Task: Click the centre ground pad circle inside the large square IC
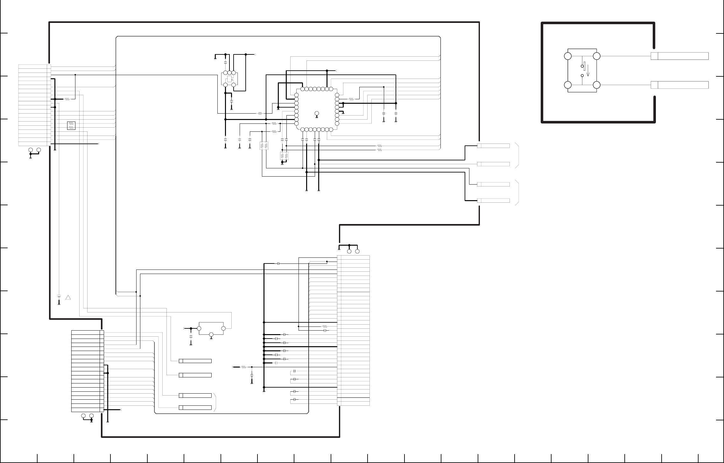[x=317, y=114]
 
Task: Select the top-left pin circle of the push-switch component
[x=567, y=56]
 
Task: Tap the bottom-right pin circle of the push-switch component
[x=597, y=85]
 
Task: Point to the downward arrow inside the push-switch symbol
[x=588, y=71]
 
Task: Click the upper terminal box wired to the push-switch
[x=679, y=56]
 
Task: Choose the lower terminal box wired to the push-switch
[x=679, y=85]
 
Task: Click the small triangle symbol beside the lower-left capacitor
[x=68, y=298]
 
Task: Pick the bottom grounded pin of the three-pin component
[x=211, y=334]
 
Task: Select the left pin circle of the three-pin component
[x=199, y=328]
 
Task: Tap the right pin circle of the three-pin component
[x=223, y=328]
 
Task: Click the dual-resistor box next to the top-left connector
[x=71, y=126]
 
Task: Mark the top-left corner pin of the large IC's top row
[x=302, y=89]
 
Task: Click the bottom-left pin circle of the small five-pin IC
[x=225, y=85]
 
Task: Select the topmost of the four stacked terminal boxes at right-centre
[x=493, y=146]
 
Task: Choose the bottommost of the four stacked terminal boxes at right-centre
[x=493, y=200]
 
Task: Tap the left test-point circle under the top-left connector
[x=31, y=150]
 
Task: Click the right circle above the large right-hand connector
[x=357, y=251]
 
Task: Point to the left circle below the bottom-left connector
[x=83, y=416]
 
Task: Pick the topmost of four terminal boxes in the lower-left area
[x=195, y=361]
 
